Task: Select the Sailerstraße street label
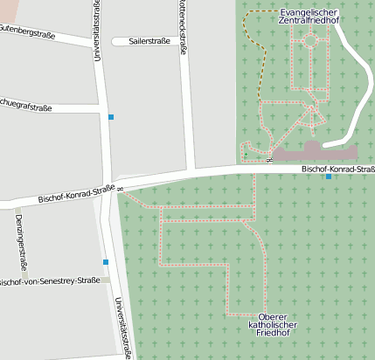click(149, 41)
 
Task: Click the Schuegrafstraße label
click(24, 107)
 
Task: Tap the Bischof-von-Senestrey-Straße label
click(49, 281)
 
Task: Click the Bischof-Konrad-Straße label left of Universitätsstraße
click(77, 193)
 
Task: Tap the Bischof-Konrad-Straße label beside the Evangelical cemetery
click(337, 169)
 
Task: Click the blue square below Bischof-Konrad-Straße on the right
click(329, 177)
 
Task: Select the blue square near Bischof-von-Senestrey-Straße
click(106, 262)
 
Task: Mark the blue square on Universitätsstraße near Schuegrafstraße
click(111, 116)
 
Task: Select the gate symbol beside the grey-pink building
click(269, 159)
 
